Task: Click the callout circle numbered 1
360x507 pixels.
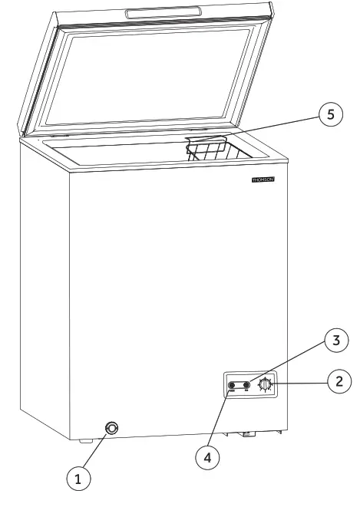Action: [78, 480]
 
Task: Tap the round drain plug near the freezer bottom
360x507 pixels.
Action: [113, 428]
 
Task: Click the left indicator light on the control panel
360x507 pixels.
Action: [231, 386]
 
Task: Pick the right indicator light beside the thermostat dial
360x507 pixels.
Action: [247, 386]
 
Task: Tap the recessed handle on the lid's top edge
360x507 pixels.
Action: [164, 12]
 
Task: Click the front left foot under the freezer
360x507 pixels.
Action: [82, 440]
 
